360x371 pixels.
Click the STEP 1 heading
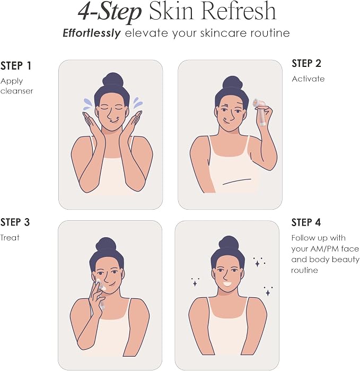click(16, 66)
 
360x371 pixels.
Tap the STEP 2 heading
click(306, 63)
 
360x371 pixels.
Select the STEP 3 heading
click(15, 222)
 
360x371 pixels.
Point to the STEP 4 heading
click(306, 222)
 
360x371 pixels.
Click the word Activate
click(308, 79)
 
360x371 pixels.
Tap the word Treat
click(10, 238)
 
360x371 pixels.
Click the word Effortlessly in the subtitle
click(92, 33)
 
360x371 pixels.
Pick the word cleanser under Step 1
click(16, 91)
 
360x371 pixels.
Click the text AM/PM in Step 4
click(324, 249)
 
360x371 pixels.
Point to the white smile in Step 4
click(227, 283)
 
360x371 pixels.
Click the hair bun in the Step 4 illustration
click(229, 244)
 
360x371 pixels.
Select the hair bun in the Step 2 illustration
click(233, 84)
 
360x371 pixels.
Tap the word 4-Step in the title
click(109, 12)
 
